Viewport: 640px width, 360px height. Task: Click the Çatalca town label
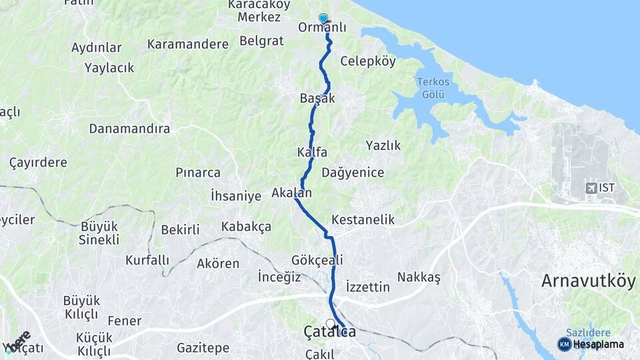point(329,332)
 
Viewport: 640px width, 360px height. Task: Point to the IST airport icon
point(591,188)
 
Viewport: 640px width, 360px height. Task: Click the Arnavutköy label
point(588,281)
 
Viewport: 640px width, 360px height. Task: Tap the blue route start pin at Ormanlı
point(323,19)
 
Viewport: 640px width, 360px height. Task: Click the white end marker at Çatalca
point(330,323)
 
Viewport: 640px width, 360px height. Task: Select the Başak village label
point(317,98)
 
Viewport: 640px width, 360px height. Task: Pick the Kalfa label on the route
point(312,153)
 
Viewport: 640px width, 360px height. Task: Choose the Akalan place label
point(291,193)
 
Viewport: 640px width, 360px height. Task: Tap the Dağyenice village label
point(353,173)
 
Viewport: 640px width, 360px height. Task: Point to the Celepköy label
point(368,61)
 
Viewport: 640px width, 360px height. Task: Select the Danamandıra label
point(129,129)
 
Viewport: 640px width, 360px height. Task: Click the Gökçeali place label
point(317,260)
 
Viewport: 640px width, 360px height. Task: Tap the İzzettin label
point(368,287)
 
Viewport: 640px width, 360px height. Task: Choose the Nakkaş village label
point(419,277)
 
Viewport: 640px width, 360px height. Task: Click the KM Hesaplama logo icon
point(564,344)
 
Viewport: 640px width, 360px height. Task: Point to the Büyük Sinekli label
point(99,233)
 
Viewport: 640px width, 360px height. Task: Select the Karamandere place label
point(187,44)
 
